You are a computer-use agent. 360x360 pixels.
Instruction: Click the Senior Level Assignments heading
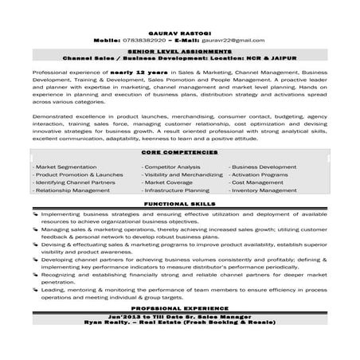[x=180, y=51]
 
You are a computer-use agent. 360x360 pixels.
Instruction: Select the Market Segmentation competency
[x=65, y=167]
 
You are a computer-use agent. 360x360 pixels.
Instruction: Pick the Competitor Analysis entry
[x=172, y=167]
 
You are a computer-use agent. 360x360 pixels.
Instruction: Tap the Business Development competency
[x=263, y=167]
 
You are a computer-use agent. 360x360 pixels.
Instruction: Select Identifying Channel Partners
[x=75, y=183]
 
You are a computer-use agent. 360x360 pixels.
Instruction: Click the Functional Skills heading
[x=179, y=205]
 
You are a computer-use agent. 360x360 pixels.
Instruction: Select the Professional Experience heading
[x=179, y=307]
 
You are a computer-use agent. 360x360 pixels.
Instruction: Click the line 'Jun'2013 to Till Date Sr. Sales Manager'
[x=179, y=314]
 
